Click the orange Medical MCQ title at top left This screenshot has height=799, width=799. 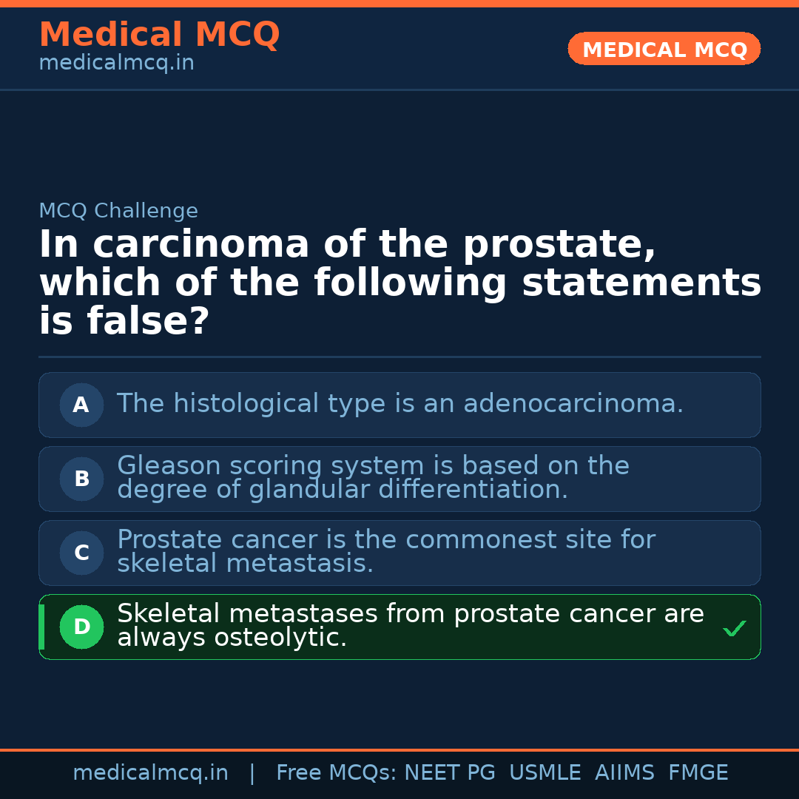click(x=159, y=35)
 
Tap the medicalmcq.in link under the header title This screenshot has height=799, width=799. click(x=116, y=64)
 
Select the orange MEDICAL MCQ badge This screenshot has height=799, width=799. click(x=664, y=50)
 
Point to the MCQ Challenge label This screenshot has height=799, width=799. click(x=118, y=211)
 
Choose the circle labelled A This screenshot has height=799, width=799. click(x=81, y=405)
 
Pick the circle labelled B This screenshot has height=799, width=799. click(x=81, y=479)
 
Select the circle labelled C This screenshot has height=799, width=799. click(x=81, y=553)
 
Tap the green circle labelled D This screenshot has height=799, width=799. click(x=81, y=627)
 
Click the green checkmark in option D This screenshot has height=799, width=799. click(x=734, y=628)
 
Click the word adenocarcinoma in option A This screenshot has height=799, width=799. click(x=573, y=404)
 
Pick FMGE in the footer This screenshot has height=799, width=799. click(x=698, y=773)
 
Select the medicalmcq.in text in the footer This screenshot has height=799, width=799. click(x=150, y=773)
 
